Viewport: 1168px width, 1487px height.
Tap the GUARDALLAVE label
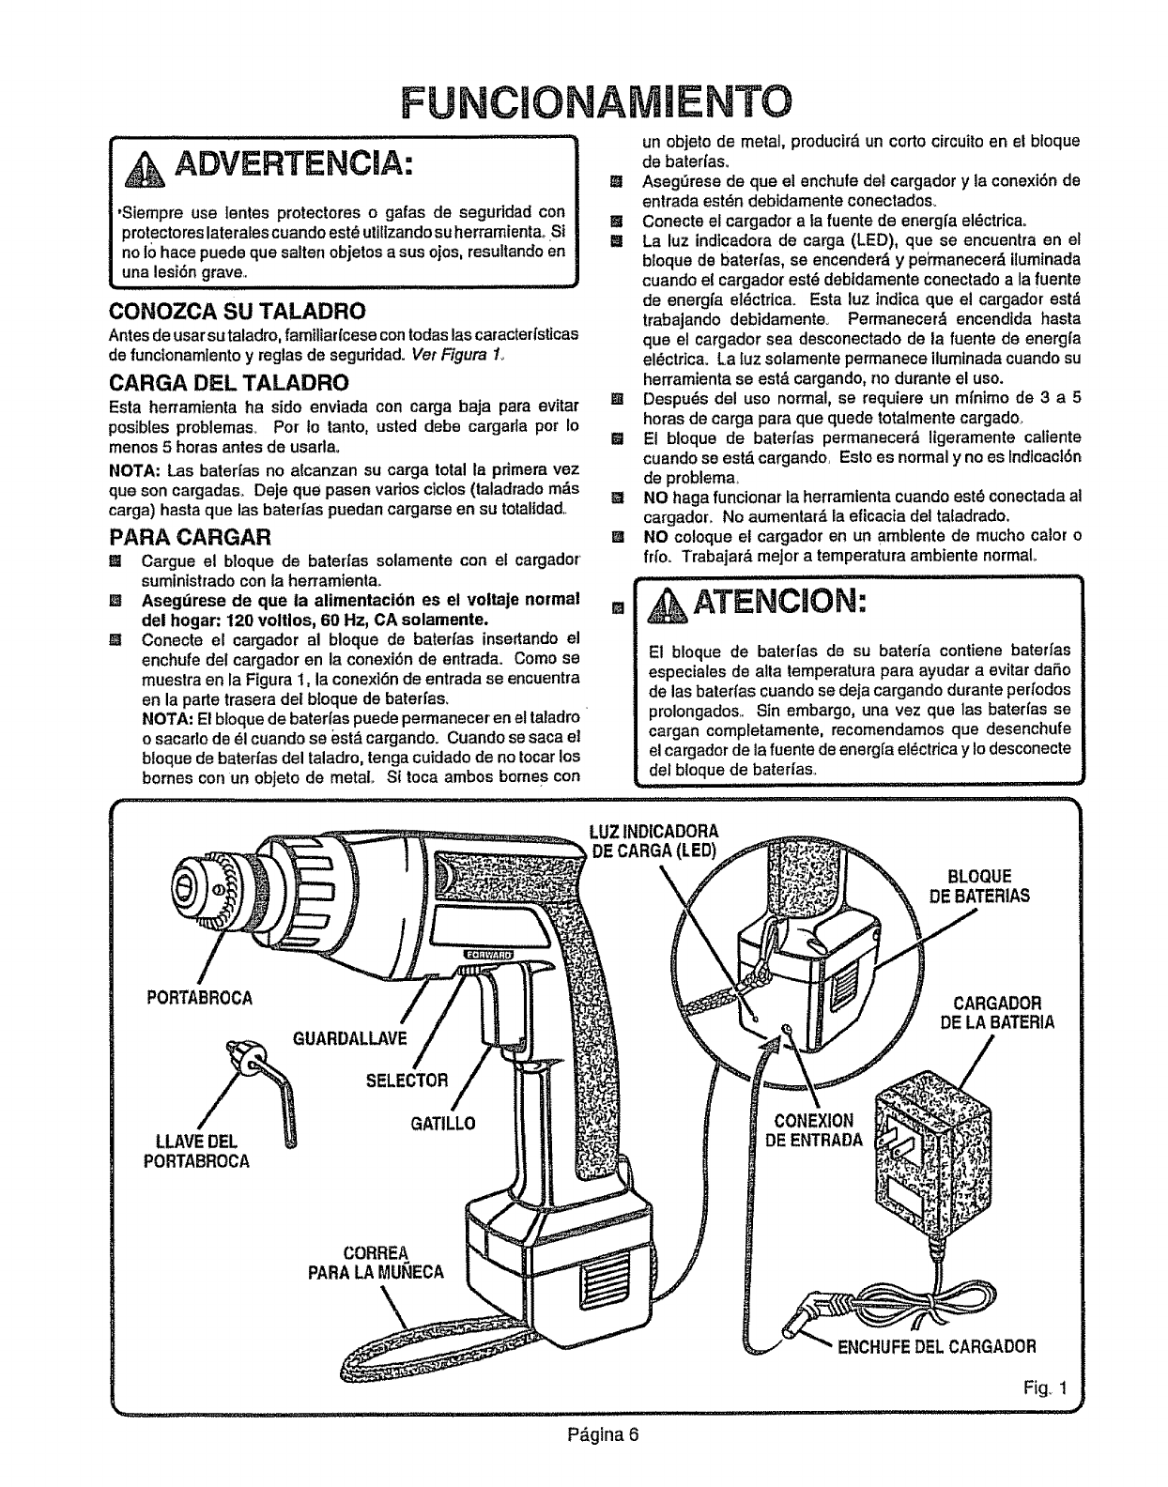click(336, 1038)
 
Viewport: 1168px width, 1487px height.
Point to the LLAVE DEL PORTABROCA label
click(197, 1151)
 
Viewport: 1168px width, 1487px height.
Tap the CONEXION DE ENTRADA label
click(814, 1129)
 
